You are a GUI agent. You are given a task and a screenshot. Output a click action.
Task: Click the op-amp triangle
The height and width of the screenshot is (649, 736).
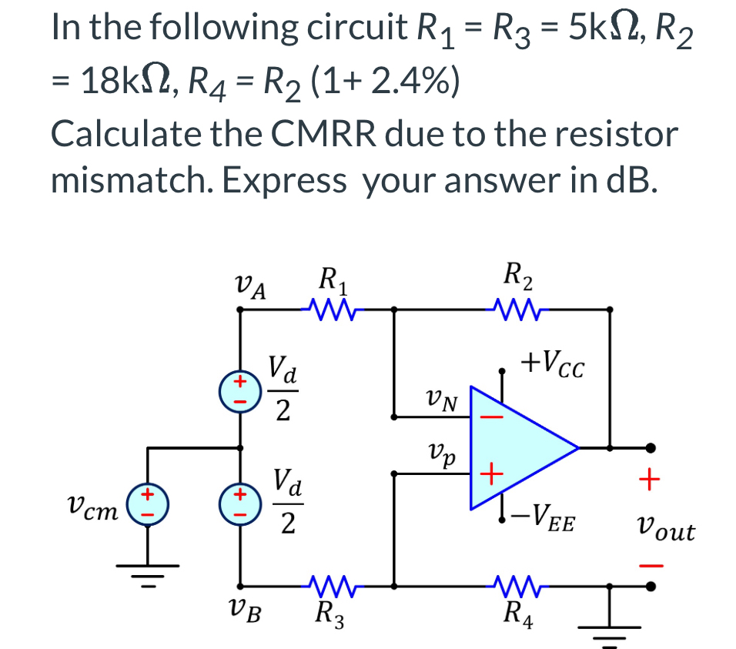pos(516,447)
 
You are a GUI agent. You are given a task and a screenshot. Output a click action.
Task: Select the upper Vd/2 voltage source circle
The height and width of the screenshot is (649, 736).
pos(241,389)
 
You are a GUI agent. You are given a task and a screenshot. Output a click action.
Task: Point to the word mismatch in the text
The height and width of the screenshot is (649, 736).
pos(132,182)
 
